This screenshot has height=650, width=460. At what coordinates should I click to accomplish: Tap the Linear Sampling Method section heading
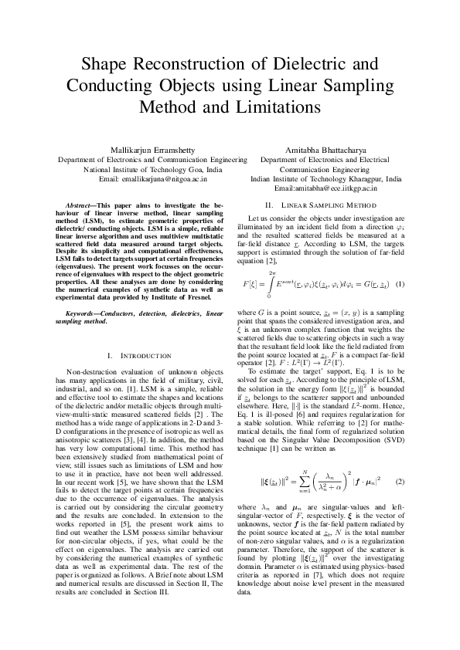[x=321, y=205]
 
